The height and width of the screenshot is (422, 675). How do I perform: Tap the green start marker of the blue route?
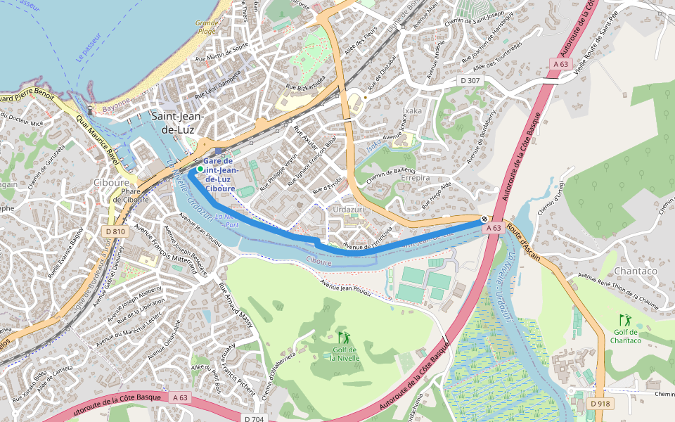[200, 169]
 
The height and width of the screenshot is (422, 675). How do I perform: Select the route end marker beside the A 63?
[484, 219]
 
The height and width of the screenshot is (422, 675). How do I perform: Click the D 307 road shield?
[470, 81]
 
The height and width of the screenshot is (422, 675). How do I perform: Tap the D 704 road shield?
[255, 418]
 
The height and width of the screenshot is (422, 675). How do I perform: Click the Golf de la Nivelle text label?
[345, 354]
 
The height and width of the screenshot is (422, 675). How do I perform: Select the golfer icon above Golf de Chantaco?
[624, 320]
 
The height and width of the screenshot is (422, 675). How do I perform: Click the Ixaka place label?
[412, 111]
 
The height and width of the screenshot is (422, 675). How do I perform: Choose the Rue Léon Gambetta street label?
[218, 85]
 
